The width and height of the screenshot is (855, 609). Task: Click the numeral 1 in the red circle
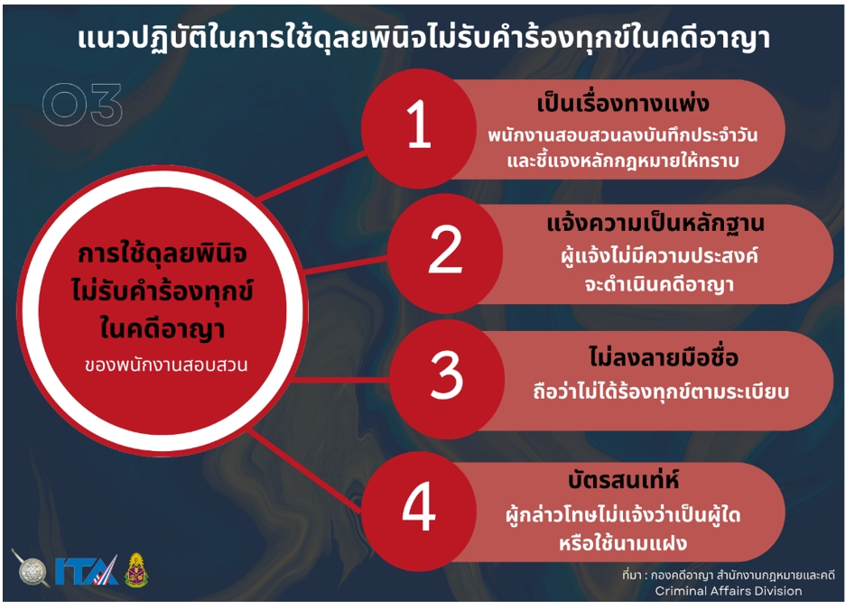pyautogui.click(x=419, y=125)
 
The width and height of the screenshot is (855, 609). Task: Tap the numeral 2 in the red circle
pyautogui.click(x=445, y=250)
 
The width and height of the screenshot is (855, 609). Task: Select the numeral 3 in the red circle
pyautogui.click(x=447, y=374)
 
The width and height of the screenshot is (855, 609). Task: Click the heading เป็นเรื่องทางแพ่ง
pyautogui.click(x=623, y=103)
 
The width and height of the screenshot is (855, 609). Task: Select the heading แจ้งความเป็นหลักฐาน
pyautogui.click(x=655, y=224)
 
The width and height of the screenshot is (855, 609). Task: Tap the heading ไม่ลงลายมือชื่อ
pyautogui.click(x=663, y=356)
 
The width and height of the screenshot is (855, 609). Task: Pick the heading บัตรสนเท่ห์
pyautogui.click(x=623, y=479)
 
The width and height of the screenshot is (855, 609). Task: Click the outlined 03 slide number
pyautogui.click(x=82, y=105)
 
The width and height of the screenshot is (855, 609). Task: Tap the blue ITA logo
pyautogui.click(x=86, y=570)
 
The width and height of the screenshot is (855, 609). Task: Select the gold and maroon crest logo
pyautogui.click(x=136, y=570)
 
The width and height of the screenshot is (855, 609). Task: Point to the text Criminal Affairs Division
pyautogui.click(x=728, y=591)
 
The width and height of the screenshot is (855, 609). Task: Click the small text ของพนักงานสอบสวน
pyautogui.click(x=166, y=365)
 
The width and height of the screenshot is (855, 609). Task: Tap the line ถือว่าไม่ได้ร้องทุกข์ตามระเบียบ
pyautogui.click(x=661, y=391)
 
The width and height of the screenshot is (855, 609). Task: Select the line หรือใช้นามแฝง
pyautogui.click(x=623, y=542)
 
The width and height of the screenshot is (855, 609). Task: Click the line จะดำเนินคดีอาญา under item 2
pyautogui.click(x=659, y=284)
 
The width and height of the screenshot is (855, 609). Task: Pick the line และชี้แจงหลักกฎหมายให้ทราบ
pyautogui.click(x=623, y=161)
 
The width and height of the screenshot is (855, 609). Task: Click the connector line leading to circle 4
pyautogui.click(x=305, y=470)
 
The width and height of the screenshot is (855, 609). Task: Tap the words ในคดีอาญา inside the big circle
pyautogui.click(x=163, y=329)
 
